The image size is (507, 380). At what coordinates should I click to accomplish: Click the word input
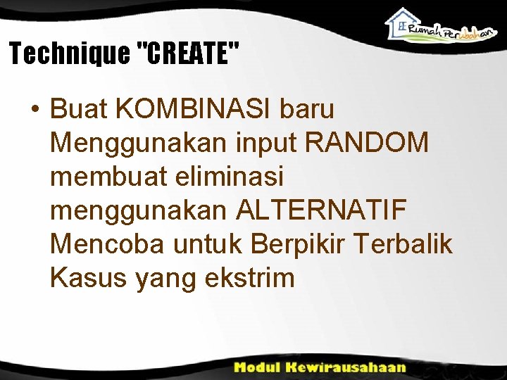[265, 143]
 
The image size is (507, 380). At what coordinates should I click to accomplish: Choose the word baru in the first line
[307, 110]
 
